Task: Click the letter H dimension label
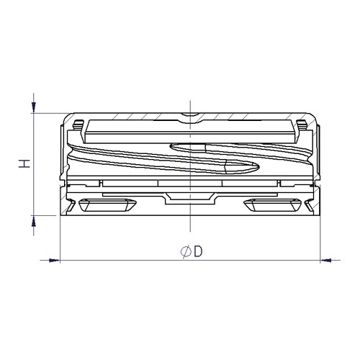pos(24,163)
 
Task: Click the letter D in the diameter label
pos(198,251)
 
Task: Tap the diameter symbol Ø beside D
pos(186,252)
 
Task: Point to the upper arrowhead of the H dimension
pos(34,107)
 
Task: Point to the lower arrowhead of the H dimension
pos(34,221)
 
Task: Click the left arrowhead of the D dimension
pos(55,260)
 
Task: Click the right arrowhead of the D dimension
pos(325,260)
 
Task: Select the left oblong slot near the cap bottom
pos(107,205)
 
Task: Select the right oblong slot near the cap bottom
pos(272,205)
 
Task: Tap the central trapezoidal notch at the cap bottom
pos(189,198)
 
